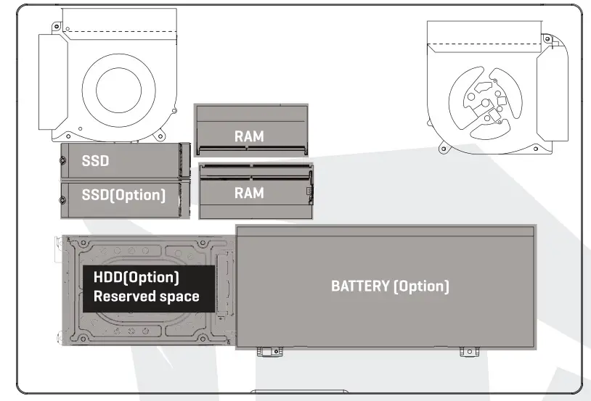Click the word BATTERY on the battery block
tap(359, 286)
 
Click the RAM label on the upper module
tap(249, 136)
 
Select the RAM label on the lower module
tap(249, 193)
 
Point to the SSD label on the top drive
tap(95, 160)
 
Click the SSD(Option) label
tap(123, 195)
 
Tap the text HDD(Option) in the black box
tap(136, 278)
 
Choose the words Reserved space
tap(146, 296)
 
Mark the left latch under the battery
tap(267, 351)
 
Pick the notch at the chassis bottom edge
tap(295, 394)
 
